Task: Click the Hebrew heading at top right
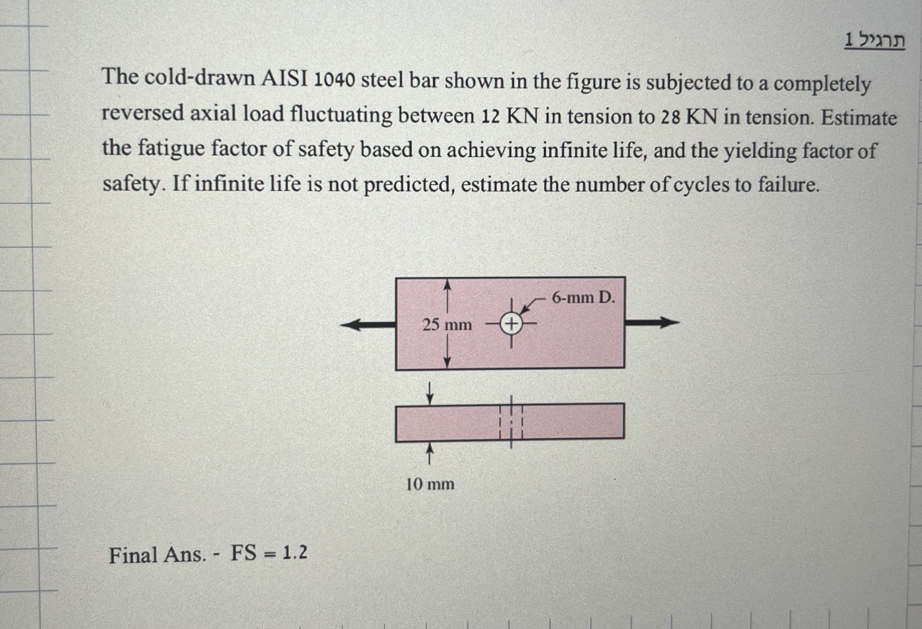(874, 41)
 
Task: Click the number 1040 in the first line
(334, 81)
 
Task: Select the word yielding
(760, 152)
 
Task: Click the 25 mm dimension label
(447, 325)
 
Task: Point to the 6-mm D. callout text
(583, 298)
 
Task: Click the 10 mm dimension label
(430, 484)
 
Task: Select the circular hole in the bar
(511, 324)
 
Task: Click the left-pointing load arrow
(367, 325)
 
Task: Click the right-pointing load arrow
(653, 322)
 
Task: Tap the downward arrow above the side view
(430, 393)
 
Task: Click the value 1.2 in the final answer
(295, 553)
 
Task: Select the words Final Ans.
(157, 555)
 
